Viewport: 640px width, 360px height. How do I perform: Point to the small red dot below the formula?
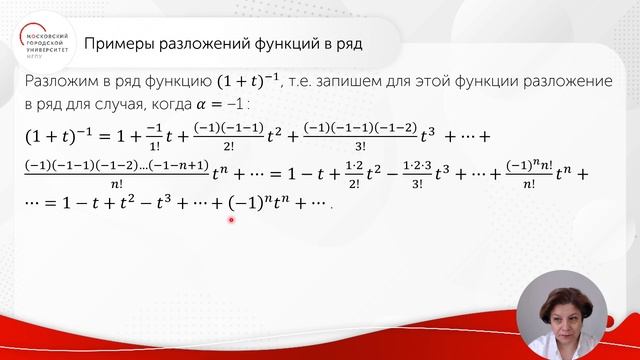[232, 220]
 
